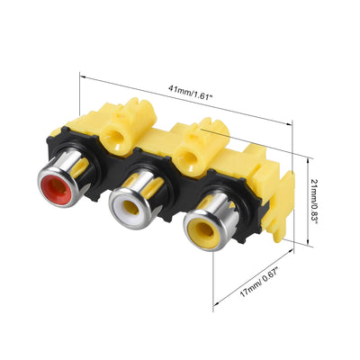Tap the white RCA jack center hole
point(131,207)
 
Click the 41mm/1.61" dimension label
point(191,93)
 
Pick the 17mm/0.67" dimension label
point(260,283)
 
